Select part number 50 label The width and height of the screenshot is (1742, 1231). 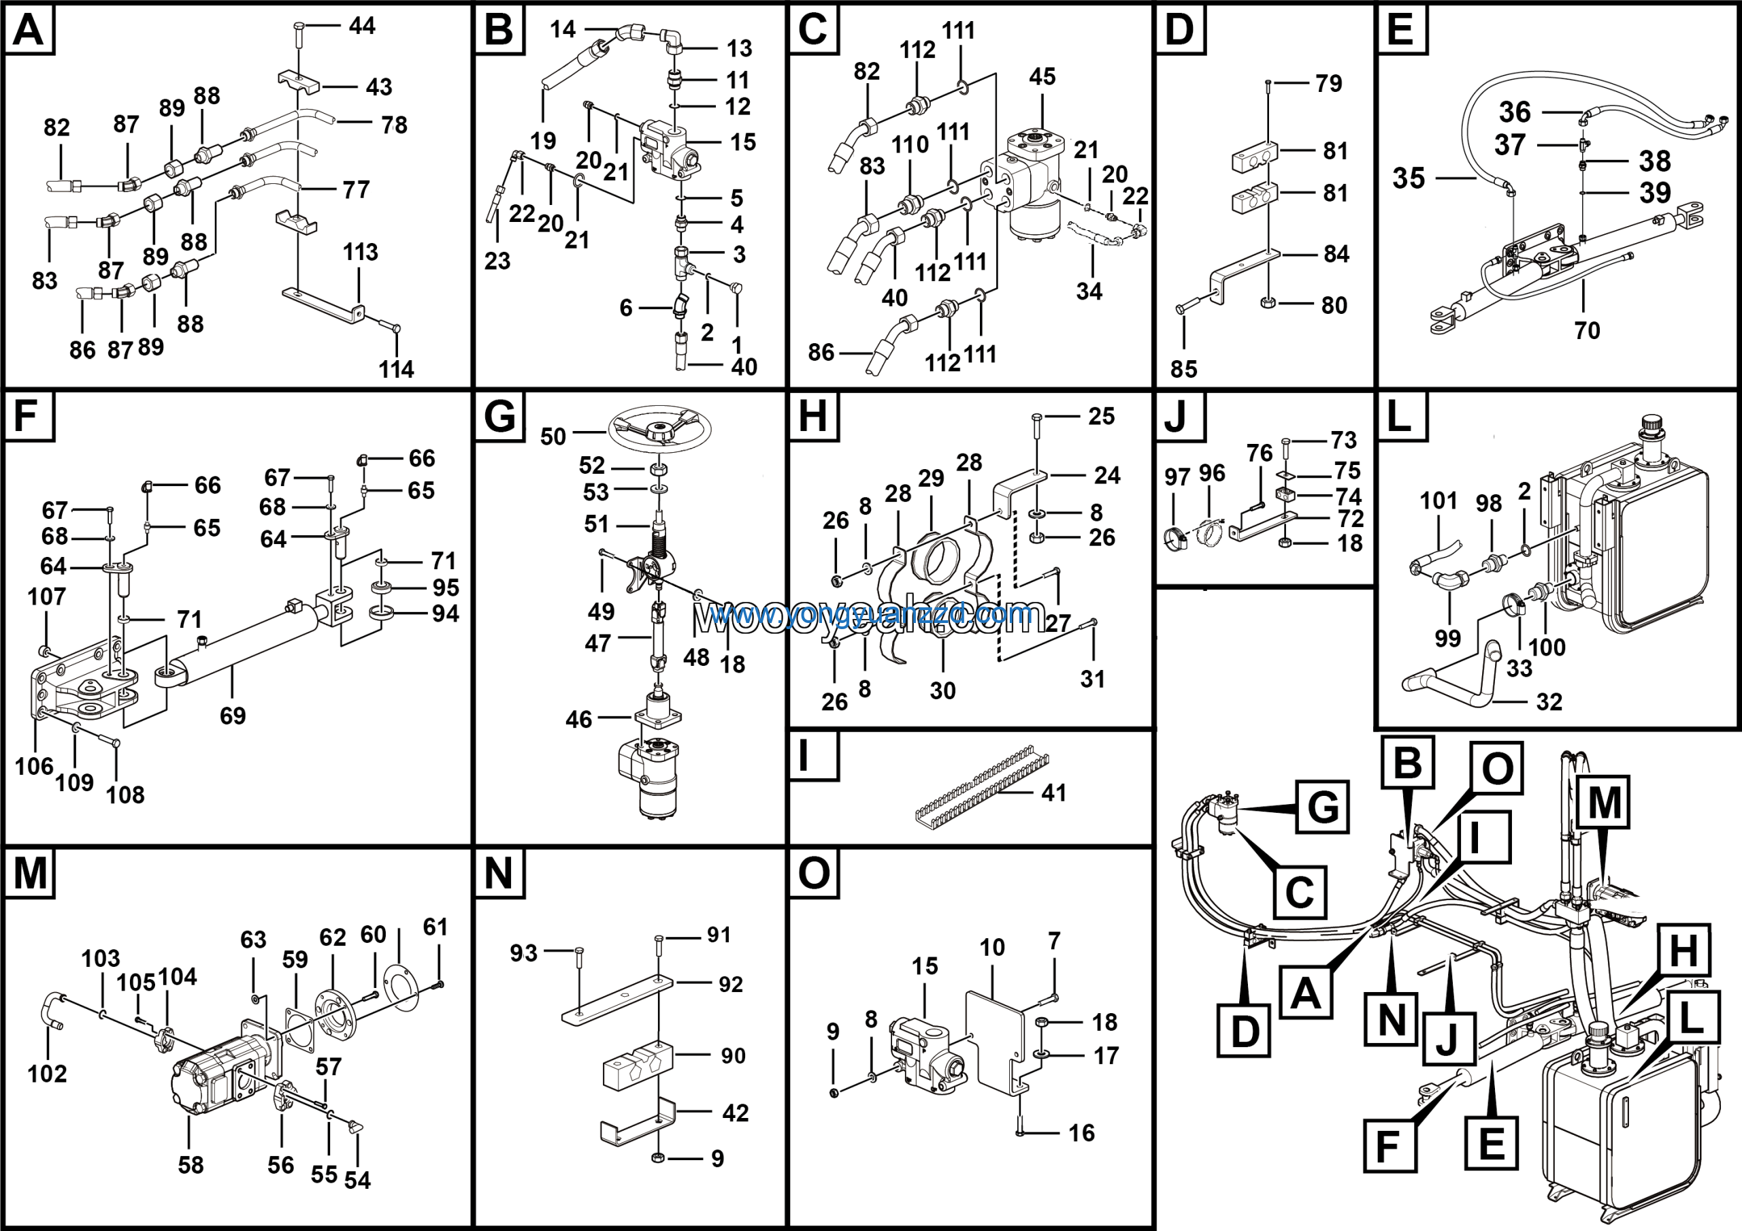click(553, 436)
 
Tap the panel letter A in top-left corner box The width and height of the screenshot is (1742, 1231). click(29, 31)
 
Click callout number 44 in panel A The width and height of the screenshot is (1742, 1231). click(362, 26)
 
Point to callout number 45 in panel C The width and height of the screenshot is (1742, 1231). click(1042, 77)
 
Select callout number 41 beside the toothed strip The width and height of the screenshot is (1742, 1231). click(1054, 793)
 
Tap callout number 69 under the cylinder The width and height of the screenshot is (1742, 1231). click(232, 716)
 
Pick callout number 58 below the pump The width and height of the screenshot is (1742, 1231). click(191, 1165)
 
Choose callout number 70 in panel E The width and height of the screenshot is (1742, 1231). click(1586, 330)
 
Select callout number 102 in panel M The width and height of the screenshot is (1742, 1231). click(47, 1074)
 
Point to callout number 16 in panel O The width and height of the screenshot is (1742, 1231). click(1081, 1133)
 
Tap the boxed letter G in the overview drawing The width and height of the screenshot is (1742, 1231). click(1322, 807)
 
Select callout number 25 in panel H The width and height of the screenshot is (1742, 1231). click(1101, 416)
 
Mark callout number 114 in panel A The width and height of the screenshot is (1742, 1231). click(396, 370)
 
